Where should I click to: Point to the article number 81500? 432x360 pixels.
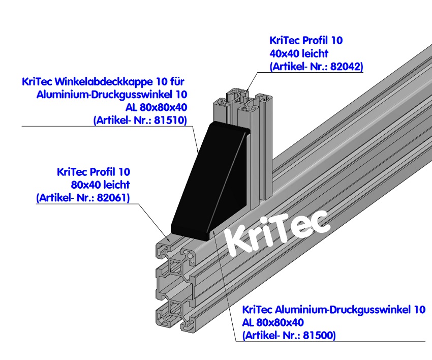(x=321, y=335)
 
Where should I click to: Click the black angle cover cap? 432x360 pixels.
(x=208, y=178)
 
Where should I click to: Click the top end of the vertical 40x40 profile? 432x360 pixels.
(x=243, y=97)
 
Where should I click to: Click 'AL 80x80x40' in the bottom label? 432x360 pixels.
(x=273, y=322)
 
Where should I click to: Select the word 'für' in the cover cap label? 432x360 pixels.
(x=178, y=81)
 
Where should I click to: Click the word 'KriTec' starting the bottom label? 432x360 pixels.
(x=258, y=309)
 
